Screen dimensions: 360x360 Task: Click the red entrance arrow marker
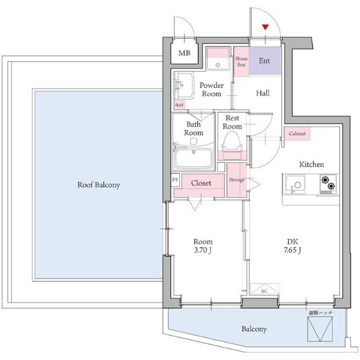(x=265, y=27)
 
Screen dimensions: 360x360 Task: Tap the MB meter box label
(x=184, y=53)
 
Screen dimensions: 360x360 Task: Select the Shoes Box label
(x=241, y=61)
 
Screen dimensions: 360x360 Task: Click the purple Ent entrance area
(x=265, y=61)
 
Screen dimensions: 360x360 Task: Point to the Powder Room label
(x=211, y=89)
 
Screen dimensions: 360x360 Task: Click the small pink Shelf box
(x=179, y=105)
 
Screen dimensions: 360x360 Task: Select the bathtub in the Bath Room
(x=193, y=159)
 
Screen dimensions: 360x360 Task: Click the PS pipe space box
(x=175, y=179)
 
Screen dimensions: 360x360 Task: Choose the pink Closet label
(x=201, y=183)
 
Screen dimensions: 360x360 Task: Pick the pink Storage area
(x=237, y=180)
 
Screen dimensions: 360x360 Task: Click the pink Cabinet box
(x=298, y=133)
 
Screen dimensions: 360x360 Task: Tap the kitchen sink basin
(x=295, y=184)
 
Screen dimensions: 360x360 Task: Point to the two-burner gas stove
(x=328, y=184)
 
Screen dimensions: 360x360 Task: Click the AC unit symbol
(x=265, y=289)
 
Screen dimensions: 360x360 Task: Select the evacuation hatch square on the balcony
(x=320, y=328)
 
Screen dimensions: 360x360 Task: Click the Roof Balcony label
(x=99, y=185)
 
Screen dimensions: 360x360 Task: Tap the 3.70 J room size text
(x=202, y=250)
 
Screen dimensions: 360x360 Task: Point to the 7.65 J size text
(x=292, y=250)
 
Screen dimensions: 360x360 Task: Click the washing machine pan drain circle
(x=218, y=65)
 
